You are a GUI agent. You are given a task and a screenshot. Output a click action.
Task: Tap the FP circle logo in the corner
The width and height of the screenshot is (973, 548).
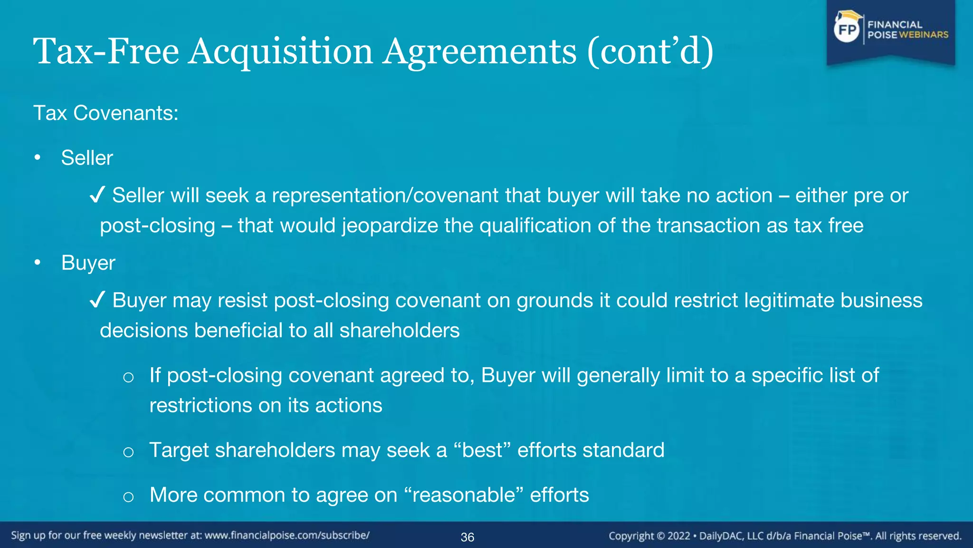(847, 30)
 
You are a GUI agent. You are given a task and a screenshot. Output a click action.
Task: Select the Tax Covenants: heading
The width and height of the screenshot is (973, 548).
(105, 113)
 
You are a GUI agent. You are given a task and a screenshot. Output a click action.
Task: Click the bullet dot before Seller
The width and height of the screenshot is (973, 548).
(38, 157)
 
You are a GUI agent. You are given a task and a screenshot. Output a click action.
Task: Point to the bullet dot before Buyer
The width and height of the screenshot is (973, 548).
(38, 263)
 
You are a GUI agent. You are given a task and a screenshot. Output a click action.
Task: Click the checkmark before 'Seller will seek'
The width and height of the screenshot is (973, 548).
(97, 196)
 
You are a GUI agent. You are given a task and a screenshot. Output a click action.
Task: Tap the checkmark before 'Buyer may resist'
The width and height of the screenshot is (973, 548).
(97, 301)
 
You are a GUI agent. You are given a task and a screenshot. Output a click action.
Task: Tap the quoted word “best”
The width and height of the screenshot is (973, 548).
(482, 450)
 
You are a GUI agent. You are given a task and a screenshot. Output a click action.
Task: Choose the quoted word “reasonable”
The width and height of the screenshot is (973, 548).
(463, 495)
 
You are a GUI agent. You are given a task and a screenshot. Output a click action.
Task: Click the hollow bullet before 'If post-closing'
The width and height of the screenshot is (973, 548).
(128, 377)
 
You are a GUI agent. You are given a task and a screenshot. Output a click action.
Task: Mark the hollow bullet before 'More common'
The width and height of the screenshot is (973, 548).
(128, 497)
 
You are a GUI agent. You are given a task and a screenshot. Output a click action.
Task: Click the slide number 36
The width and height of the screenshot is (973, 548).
(467, 537)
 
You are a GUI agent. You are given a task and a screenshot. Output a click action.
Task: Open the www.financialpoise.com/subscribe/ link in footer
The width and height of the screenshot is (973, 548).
(287, 535)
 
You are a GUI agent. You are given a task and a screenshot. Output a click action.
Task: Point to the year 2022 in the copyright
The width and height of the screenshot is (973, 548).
(678, 536)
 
